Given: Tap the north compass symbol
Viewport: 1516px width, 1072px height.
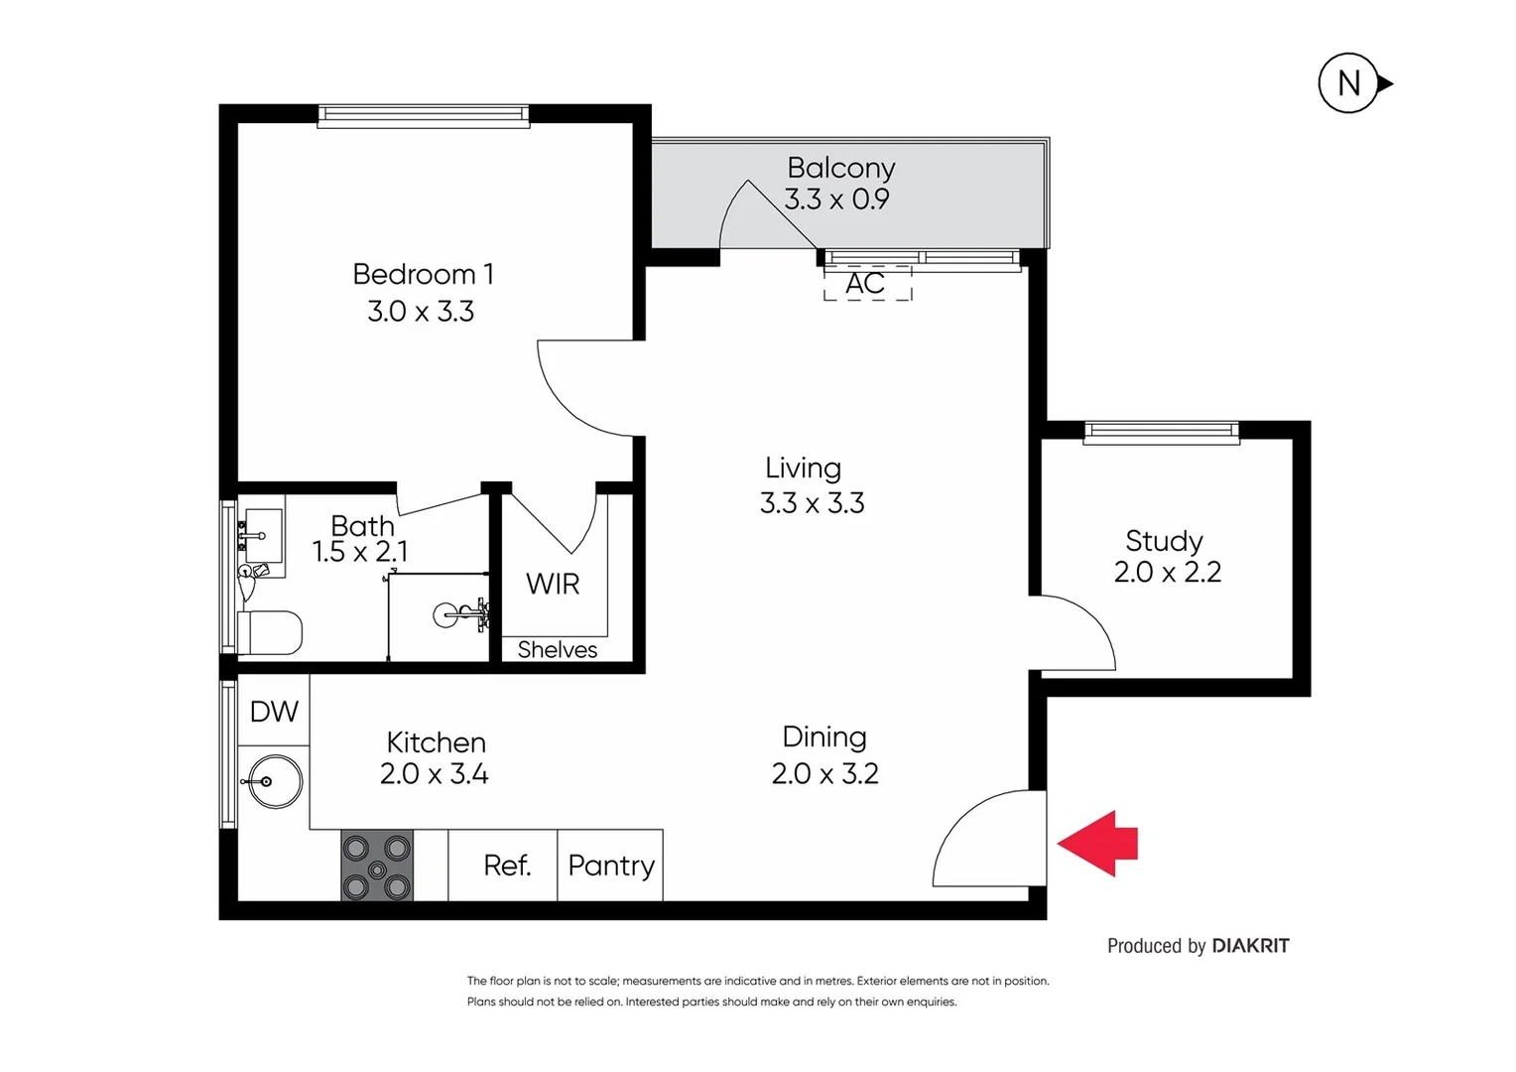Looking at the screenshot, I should pos(1349,83).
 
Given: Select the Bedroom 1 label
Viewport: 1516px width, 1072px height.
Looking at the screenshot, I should pos(423,274).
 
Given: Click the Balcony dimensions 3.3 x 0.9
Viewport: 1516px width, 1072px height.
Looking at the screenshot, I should pos(836,200).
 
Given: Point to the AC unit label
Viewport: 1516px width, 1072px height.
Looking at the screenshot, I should pos(865,284).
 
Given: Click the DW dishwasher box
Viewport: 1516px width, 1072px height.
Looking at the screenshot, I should pos(274,711).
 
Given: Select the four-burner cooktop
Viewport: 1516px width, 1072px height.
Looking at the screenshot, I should pos(377,865).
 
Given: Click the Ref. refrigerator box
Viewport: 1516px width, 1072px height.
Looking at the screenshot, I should pos(506,866).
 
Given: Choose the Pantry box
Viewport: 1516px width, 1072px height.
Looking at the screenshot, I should pos(611,866).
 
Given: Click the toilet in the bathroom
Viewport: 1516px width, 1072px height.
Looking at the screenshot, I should pos(270,632).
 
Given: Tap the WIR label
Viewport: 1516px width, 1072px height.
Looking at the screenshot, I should pos(553,584).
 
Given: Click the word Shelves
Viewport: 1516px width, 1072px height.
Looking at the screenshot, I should pos(558,650).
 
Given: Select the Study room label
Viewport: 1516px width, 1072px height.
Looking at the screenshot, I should pos(1164,541).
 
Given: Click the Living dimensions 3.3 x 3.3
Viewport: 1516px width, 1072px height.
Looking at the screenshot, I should pos(812,503).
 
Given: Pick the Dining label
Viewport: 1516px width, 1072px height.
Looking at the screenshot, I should pos(824,737).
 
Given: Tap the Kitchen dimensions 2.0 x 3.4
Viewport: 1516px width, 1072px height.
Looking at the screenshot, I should pos(435,774).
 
